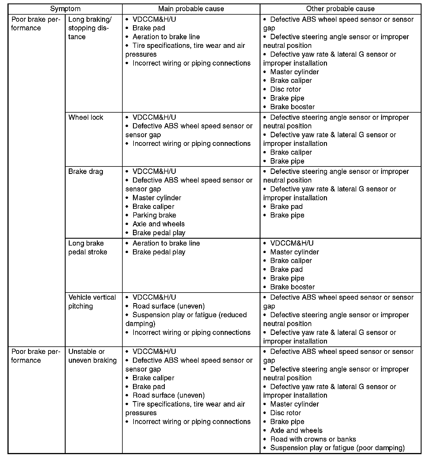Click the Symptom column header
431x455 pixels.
click(65, 9)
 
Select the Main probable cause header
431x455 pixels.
click(191, 9)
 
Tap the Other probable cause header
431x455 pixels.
click(340, 9)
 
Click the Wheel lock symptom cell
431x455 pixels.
click(86, 117)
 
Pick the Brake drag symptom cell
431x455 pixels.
click(86, 172)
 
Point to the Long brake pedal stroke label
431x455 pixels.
click(88, 248)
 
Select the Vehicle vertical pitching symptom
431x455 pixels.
click(92, 302)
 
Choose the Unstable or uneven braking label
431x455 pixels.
click(92, 356)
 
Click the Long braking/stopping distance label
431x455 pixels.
click(90, 28)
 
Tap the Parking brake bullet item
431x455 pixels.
click(154, 215)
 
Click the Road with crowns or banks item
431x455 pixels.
click(313, 439)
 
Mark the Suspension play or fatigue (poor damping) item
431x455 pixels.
click(337, 448)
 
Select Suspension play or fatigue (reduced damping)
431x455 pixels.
click(186, 319)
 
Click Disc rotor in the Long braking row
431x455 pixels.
click(285, 89)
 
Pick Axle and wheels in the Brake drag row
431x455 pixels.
click(158, 224)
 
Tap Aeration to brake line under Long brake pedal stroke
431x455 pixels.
click(166, 243)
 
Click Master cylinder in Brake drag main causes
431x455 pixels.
click(157, 198)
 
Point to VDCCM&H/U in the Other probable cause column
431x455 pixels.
click(292, 243)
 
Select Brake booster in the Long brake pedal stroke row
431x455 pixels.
click(292, 287)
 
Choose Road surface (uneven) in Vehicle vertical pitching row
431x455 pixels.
click(169, 306)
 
